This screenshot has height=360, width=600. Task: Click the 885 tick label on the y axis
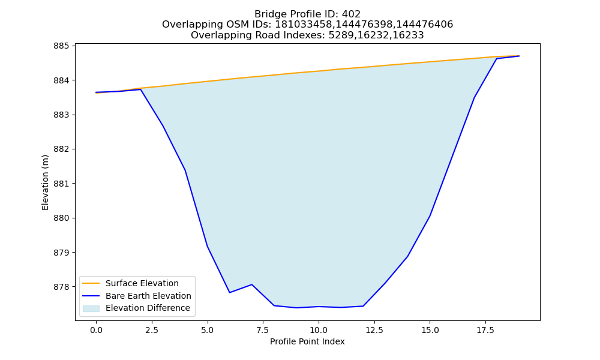[x=61, y=46]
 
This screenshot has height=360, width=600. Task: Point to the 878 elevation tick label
[x=61, y=287]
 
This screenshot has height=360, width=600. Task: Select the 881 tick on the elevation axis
[x=61, y=184]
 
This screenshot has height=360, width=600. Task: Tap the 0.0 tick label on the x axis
[x=96, y=330]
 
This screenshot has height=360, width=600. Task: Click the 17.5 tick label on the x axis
[x=485, y=330]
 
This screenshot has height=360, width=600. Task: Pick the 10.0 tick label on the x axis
[x=319, y=330]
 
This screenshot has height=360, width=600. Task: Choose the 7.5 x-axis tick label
[x=263, y=330]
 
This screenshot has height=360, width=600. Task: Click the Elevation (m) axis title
[x=45, y=182]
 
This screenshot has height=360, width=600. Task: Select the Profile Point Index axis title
[x=307, y=341]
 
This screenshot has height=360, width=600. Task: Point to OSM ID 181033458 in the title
[x=304, y=25]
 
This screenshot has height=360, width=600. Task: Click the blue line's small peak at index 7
[x=252, y=284]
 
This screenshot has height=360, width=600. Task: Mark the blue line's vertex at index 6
[x=230, y=293]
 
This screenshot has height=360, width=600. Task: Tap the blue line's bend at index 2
[x=141, y=89]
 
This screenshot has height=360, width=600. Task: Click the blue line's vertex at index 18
[x=497, y=59]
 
